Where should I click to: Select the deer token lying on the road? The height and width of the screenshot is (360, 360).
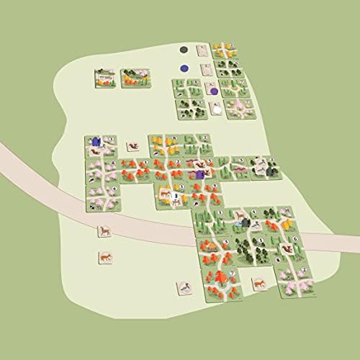coord(104,230)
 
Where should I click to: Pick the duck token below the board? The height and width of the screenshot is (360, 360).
coord(184,289)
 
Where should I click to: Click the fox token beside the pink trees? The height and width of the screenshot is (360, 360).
coord(132,146)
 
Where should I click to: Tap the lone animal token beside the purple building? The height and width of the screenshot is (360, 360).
coord(132,146)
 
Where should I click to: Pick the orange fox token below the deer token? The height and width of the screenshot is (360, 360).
coord(104,256)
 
